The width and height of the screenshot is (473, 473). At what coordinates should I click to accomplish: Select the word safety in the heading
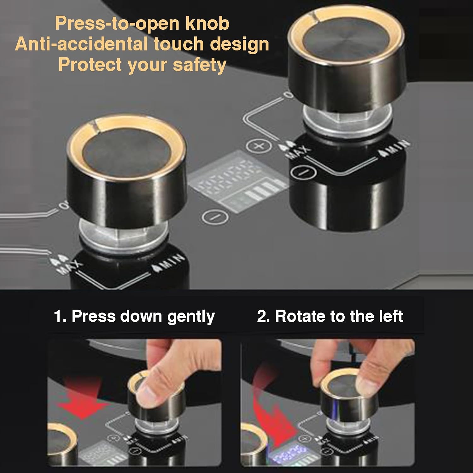tap(199, 65)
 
